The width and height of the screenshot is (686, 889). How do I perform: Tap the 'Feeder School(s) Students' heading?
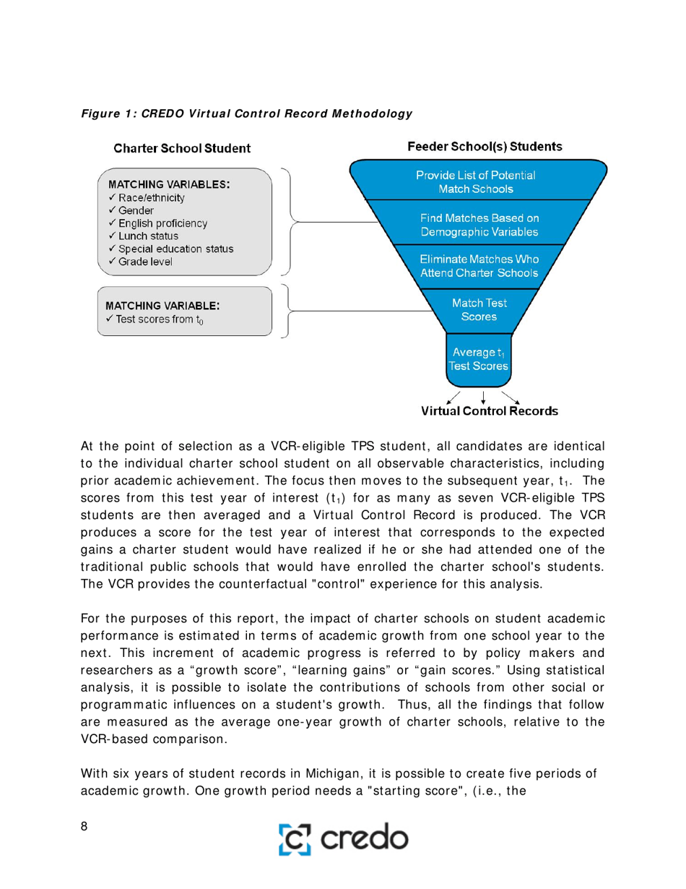pyautogui.click(x=485, y=147)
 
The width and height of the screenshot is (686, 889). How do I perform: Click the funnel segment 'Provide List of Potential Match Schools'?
pyautogui.click(x=478, y=181)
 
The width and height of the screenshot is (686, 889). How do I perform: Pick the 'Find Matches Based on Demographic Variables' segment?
pyautogui.click(x=479, y=224)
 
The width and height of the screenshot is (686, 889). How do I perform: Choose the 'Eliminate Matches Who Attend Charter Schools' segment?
pyautogui.click(x=479, y=266)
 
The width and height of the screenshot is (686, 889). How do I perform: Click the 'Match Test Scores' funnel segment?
pyautogui.click(x=478, y=310)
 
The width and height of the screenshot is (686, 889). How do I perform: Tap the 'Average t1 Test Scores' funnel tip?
pyautogui.click(x=479, y=359)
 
